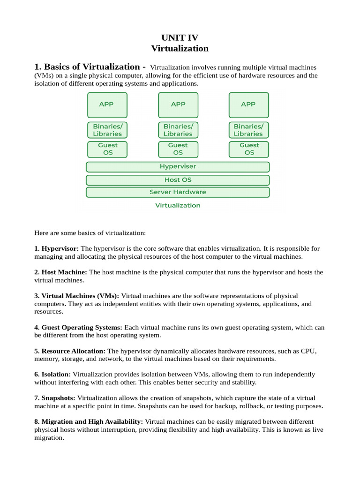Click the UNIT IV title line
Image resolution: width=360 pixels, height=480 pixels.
180,38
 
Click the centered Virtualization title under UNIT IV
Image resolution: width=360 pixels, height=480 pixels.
180,49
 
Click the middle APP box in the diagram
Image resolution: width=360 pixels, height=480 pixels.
178,105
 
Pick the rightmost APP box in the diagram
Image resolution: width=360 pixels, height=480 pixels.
248,105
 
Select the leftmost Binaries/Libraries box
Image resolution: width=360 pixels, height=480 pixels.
107,130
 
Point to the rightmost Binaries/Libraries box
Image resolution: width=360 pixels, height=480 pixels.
248,130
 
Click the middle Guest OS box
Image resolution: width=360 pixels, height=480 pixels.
178,149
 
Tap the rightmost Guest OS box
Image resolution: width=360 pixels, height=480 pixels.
248,149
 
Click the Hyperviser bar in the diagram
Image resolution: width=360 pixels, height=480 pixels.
178,167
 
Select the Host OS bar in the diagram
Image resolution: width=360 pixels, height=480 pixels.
178,180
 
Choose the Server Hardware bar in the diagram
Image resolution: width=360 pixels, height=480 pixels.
178,192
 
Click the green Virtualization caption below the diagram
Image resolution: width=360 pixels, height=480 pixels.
178,205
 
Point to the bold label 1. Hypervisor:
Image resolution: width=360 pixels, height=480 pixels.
57,248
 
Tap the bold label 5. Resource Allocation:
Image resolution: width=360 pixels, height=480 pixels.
70,351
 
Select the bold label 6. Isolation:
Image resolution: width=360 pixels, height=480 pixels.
52,375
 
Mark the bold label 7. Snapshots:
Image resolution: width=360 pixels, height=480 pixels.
55,398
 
